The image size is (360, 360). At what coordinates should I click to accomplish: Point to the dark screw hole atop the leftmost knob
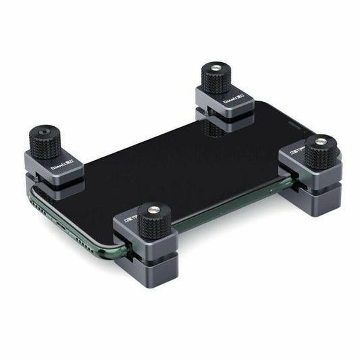(x=42, y=128)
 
